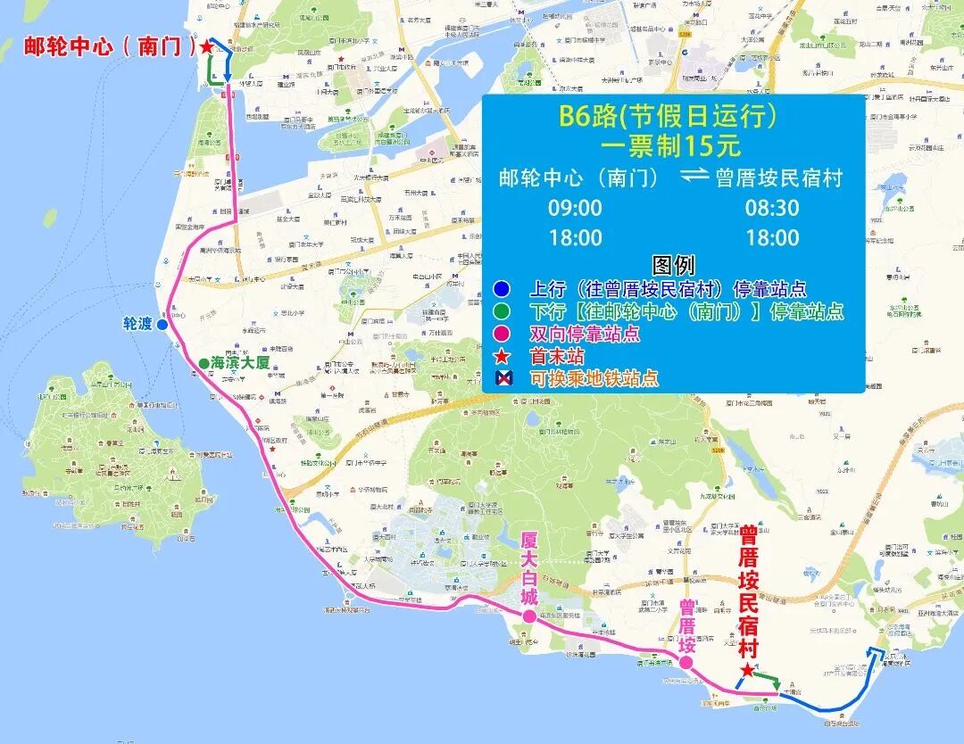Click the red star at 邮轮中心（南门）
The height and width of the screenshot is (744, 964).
tap(207, 46)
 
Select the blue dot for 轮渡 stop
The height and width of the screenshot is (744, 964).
tap(162, 325)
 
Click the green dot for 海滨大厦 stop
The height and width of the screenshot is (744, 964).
tap(204, 363)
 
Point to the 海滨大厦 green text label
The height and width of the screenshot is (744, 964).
tap(240, 363)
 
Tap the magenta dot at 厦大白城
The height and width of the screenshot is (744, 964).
tap(529, 616)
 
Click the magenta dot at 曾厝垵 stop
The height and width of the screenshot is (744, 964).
tap(686, 663)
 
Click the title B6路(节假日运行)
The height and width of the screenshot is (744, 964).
tap(673, 115)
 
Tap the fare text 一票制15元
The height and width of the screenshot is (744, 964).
tap(673, 145)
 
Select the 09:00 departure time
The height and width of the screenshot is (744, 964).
tap(576, 208)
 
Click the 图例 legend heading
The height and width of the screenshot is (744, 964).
tap(673, 265)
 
